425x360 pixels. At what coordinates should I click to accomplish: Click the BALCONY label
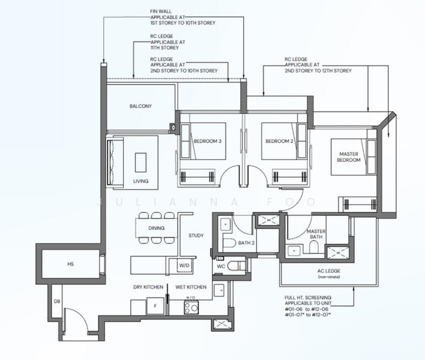coord(140,106)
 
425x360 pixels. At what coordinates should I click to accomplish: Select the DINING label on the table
coord(157,227)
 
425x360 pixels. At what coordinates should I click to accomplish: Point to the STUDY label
coord(196,235)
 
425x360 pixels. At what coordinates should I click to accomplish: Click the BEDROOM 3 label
coord(207,141)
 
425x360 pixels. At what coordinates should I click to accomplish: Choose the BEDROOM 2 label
coord(279,141)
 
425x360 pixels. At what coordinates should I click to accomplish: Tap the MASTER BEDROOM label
coord(348,157)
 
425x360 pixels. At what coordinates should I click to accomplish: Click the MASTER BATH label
coord(316,235)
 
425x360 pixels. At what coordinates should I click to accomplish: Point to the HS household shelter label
coord(70,263)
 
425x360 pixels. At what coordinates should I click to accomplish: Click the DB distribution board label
coord(56,302)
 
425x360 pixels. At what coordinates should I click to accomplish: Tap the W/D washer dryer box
coord(184,265)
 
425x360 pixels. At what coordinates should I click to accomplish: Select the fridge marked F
coord(155,306)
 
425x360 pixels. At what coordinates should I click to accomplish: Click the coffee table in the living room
coord(140,162)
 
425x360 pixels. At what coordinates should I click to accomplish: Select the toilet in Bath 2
coord(228,244)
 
